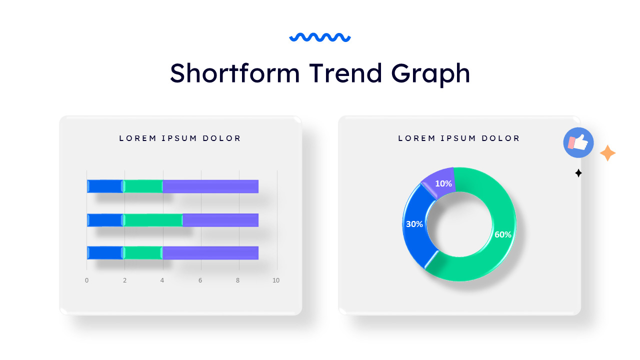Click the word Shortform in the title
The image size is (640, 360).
tap(234, 73)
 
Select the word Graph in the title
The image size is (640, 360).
tap(431, 74)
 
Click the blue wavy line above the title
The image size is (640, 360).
tap(320, 37)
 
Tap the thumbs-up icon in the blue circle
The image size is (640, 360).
tap(578, 142)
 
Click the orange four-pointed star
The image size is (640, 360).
tap(607, 153)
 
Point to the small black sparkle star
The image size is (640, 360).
tap(578, 173)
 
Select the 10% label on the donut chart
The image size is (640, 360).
tap(443, 183)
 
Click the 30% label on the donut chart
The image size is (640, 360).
tap(414, 224)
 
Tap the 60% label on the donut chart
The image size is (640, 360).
tap(502, 234)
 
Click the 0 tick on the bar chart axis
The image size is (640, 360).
tap(86, 280)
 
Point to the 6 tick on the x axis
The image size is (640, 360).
tap(200, 280)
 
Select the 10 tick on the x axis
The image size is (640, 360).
tap(276, 280)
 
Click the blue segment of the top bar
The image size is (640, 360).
tap(105, 186)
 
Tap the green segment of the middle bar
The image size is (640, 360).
tap(153, 220)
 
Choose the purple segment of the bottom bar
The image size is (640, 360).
tap(210, 252)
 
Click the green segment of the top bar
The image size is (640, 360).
tap(143, 186)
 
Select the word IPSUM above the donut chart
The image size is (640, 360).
tap(459, 138)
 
